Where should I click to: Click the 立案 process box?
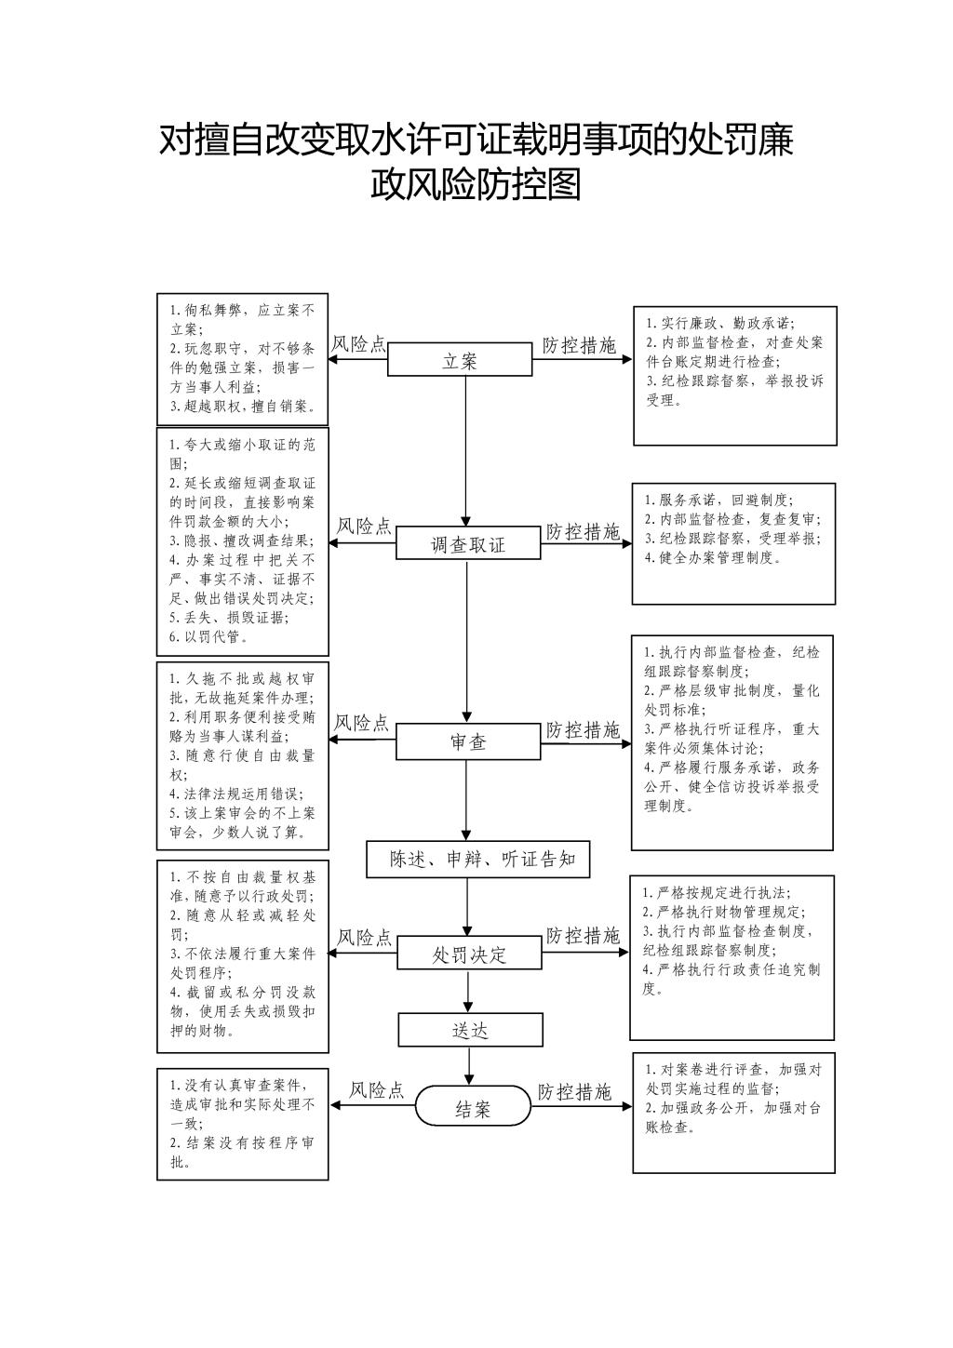(460, 359)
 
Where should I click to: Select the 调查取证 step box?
(468, 543)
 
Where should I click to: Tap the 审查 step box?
(468, 742)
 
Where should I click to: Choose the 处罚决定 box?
(469, 954)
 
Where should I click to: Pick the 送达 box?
(470, 1030)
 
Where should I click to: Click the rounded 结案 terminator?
(471, 1107)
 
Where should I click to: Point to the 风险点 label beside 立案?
(359, 344)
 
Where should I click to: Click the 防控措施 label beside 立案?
(580, 346)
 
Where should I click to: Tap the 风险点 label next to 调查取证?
(364, 527)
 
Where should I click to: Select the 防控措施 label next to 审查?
(583, 729)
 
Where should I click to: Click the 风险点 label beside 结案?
(377, 1090)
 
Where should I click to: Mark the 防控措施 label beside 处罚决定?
(583, 936)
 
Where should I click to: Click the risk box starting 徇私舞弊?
(243, 357)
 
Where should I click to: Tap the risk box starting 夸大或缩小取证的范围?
(243, 541)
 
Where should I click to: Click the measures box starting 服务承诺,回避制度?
(733, 543)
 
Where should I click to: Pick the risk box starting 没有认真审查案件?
(243, 1124)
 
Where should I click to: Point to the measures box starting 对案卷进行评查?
(733, 1112)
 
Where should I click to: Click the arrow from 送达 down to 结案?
(470, 1065)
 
